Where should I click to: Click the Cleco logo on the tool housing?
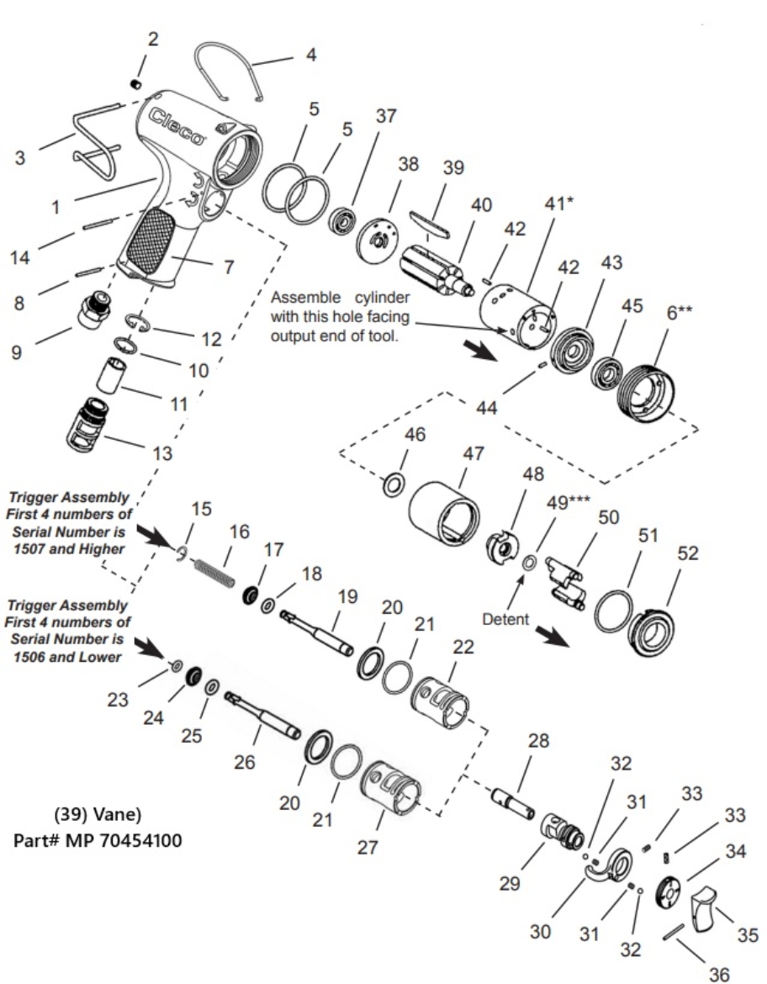click(177, 125)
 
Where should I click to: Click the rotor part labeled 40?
click(433, 268)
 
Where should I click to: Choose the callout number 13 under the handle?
click(161, 453)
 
